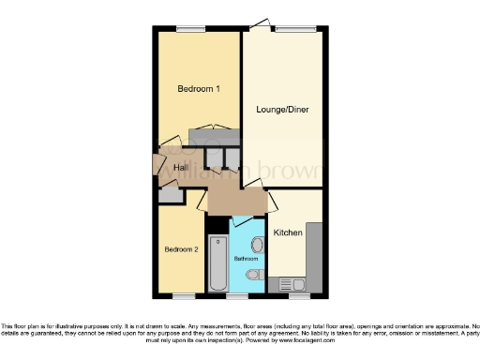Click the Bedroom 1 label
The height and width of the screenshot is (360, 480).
(199, 90)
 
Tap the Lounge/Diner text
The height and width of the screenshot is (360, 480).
(282, 110)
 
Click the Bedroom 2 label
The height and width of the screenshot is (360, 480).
(182, 250)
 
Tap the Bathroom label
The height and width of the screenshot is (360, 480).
(246, 258)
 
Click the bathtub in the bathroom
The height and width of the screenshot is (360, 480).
(217, 266)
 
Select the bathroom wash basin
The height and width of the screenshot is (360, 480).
(257, 243)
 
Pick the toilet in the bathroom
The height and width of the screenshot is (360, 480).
(253, 275)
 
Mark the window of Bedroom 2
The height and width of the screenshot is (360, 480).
(182, 295)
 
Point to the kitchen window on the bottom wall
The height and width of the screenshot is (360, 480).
(297, 295)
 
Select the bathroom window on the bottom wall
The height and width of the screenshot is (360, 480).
(236, 295)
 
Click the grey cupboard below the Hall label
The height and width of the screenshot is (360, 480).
(170, 196)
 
